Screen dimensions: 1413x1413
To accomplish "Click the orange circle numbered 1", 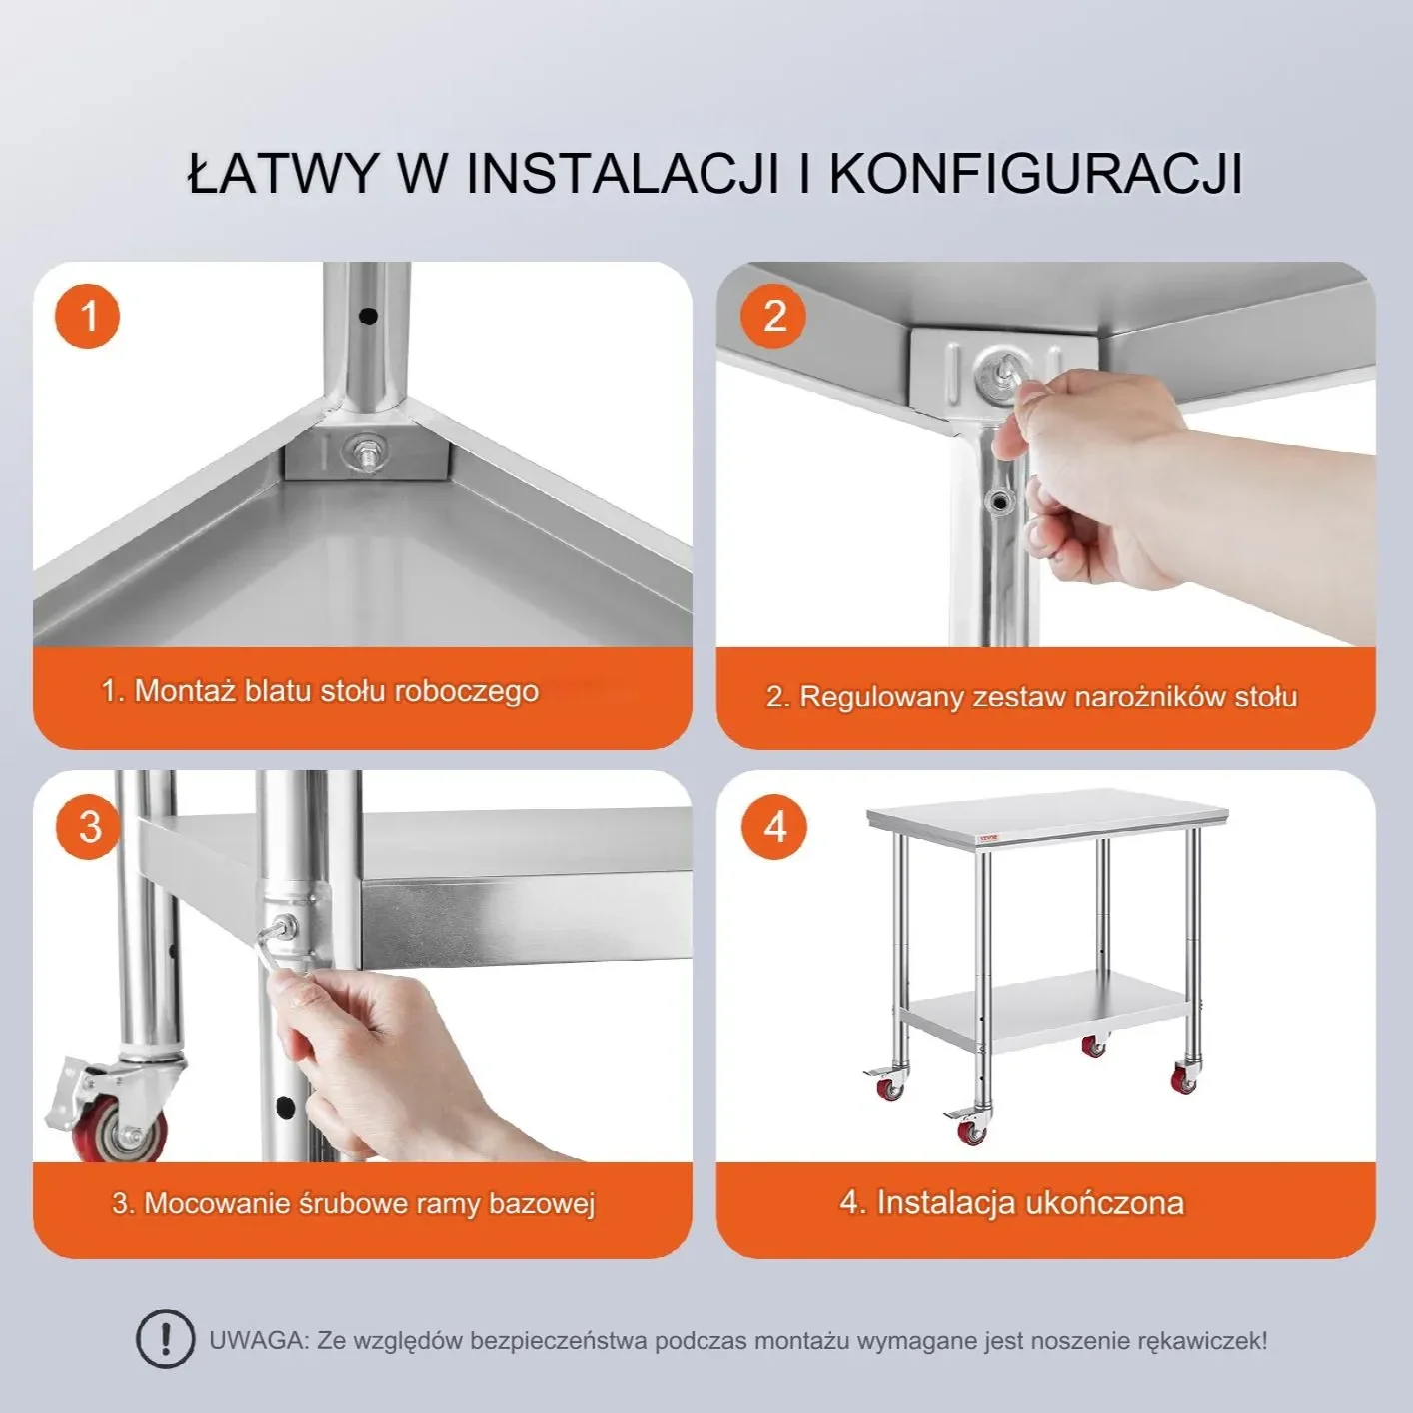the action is click(x=87, y=316).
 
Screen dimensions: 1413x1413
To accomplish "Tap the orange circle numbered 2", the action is click(x=773, y=316).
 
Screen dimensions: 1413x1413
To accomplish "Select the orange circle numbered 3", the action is click(x=88, y=827).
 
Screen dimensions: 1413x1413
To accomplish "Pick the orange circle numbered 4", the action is click(x=774, y=827).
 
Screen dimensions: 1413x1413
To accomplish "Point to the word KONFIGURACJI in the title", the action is click(x=1035, y=176).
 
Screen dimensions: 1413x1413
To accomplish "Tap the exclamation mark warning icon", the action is click(x=166, y=1339).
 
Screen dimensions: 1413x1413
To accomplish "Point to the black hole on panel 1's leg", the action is click(x=368, y=316).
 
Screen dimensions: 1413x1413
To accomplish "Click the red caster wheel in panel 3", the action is click(x=118, y=1136).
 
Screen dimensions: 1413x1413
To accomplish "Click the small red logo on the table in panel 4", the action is click(x=990, y=836).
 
